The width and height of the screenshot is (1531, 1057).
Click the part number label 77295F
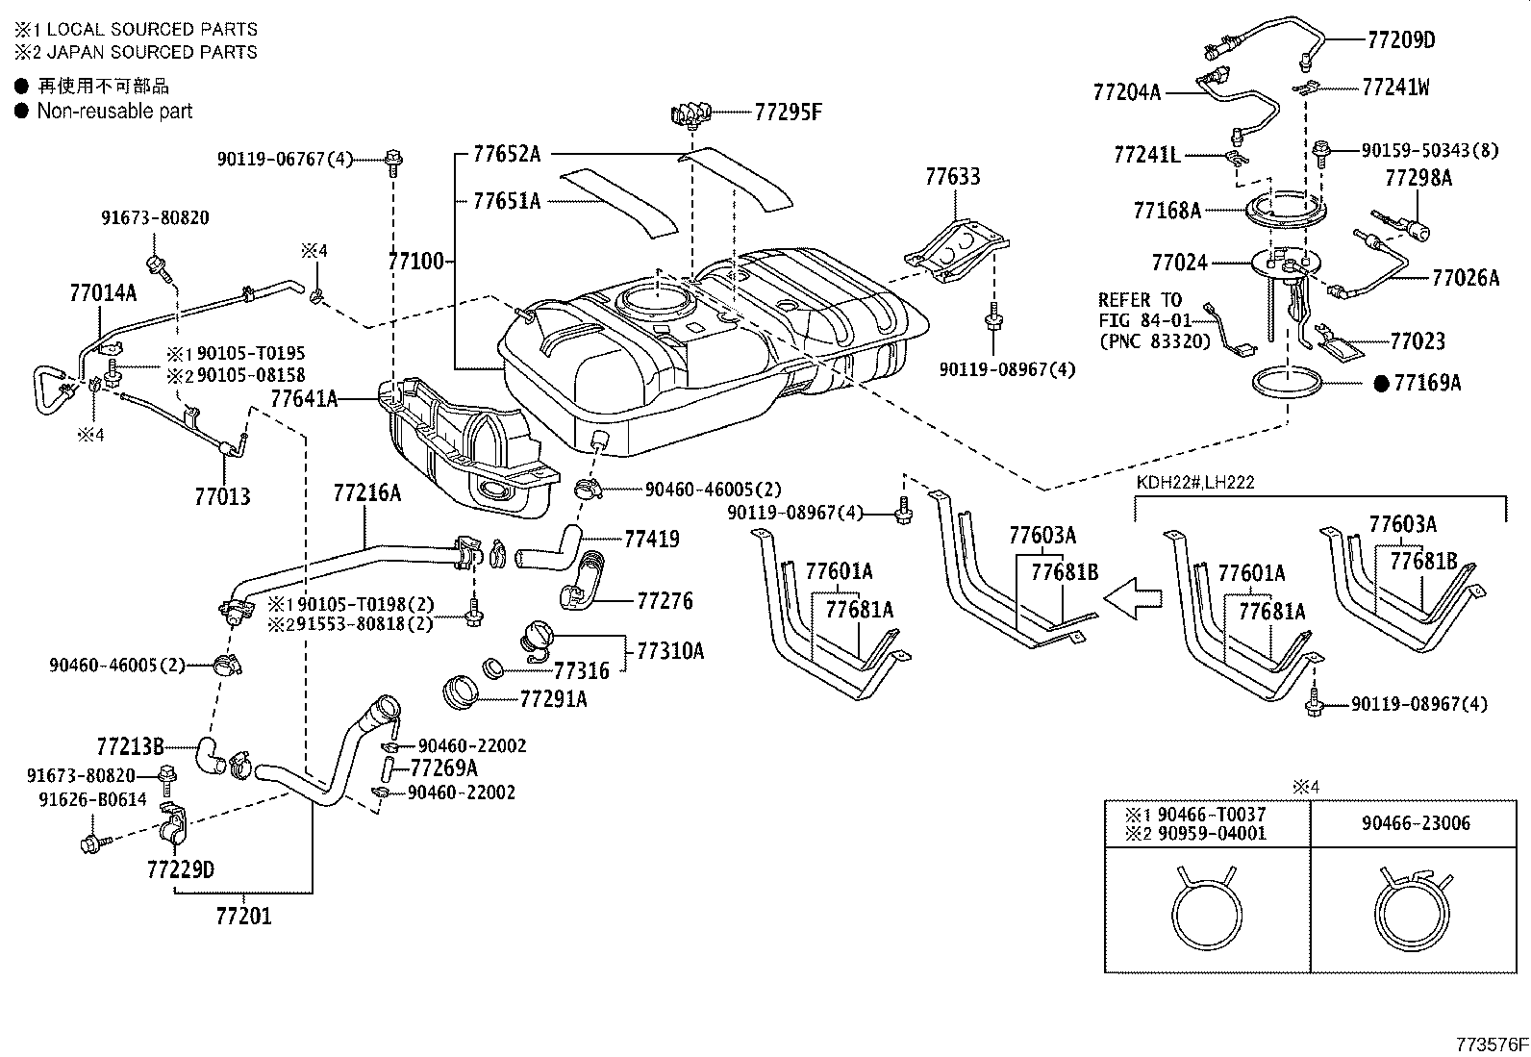tap(788, 113)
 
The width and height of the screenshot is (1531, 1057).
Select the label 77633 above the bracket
tap(953, 177)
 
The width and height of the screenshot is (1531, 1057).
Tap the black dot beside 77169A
tap(1382, 384)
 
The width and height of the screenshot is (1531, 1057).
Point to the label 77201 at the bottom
tap(243, 917)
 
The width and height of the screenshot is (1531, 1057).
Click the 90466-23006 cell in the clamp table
tap(1409, 823)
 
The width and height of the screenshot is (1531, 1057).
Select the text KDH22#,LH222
tap(1194, 483)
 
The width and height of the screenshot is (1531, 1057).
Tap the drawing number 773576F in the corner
tap(1490, 1043)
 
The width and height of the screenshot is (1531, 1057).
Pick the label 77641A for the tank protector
tap(304, 398)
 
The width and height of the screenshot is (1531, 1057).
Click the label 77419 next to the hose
tap(651, 539)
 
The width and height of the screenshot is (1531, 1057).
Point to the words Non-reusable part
tap(114, 112)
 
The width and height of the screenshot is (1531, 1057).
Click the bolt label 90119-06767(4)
tap(286, 159)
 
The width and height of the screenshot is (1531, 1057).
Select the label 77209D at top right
tap(1400, 39)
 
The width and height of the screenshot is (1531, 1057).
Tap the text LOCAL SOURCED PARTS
tap(152, 30)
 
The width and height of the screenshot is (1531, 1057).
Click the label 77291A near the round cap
tap(552, 699)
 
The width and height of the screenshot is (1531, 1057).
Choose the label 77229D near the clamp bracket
tap(180, 870)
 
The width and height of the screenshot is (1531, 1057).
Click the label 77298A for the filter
tap(1418, 178)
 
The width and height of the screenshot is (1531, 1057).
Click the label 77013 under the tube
tap(222, 496)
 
